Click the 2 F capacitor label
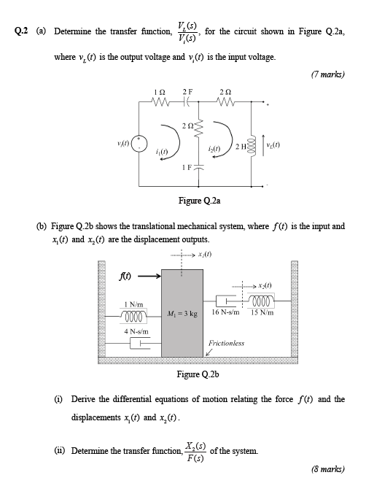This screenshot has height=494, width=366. click(x=188, y=92)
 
